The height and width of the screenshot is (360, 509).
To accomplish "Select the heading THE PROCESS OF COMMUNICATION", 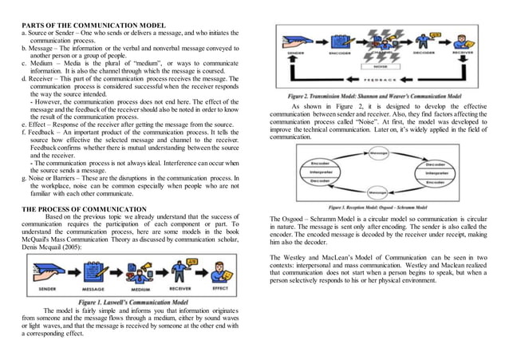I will click(x=84, y=208).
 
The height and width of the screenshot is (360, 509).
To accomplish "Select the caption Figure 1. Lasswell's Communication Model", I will click(x=133, y=303).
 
